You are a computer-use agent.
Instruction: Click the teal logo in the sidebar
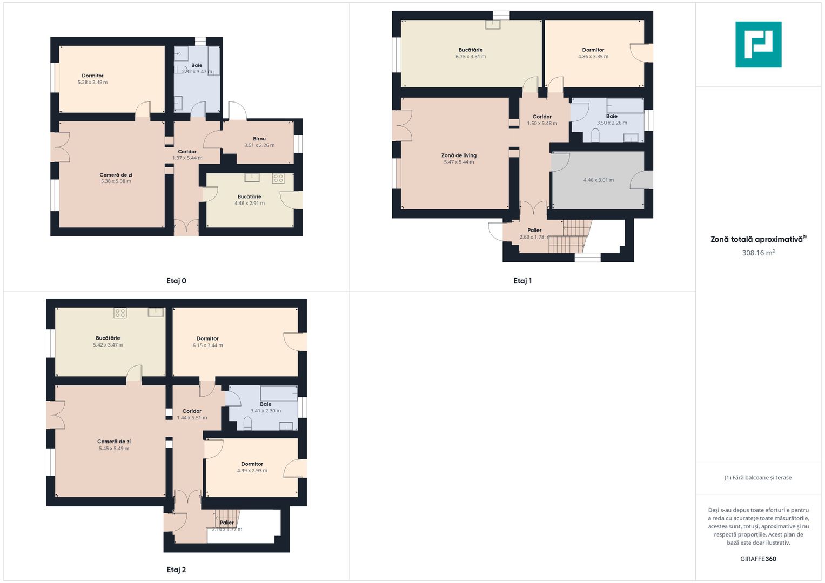coord(758,44)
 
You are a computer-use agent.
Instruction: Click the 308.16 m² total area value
coord(758,253)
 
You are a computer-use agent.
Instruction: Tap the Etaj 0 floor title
coord(176,281)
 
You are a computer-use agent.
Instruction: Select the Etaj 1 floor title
coord(522,281)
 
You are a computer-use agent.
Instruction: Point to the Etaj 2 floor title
coord(176,570)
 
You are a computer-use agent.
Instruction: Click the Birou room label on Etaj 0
coord(259,139)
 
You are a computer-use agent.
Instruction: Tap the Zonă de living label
coord(459,155)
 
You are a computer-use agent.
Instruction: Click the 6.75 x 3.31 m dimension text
coord(471,57)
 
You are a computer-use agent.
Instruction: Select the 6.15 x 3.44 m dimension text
coord(207,345)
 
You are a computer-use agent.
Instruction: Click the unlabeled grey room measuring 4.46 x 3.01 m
coord(598,180)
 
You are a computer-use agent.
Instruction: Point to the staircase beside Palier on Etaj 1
coord(571,236)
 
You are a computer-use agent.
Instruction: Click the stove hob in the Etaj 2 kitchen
coord(120,313)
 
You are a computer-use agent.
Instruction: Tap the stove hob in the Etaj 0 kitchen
coord(278,178)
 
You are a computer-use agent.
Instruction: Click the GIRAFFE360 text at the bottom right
coord(758,559)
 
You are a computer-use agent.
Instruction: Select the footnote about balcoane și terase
coord(757,478)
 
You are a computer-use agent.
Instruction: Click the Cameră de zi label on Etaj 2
coord(114,442)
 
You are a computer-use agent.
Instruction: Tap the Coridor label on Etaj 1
coord(542,117)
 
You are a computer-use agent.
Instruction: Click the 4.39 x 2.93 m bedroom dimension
coord(252,471)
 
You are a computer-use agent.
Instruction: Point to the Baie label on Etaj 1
coord(612,116)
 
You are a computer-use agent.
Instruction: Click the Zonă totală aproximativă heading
coord(757,239)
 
